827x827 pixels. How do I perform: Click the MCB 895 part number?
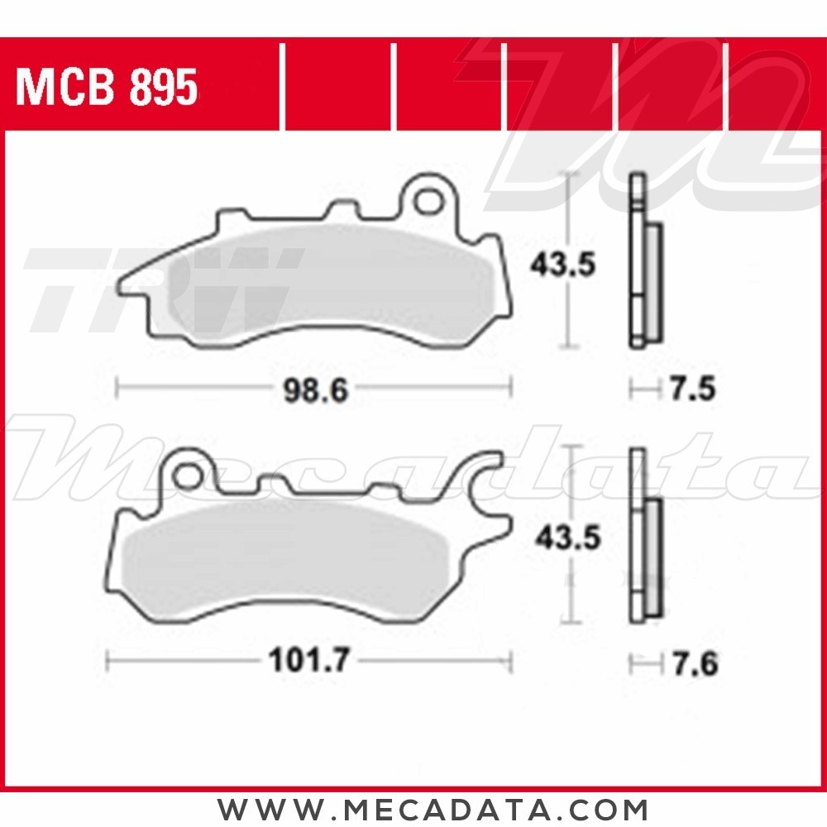coord(108,88)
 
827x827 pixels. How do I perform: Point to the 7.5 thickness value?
coord(692,390)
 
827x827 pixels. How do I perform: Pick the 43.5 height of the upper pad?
coord(562,266)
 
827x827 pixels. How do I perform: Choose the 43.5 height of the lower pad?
coord(566,539)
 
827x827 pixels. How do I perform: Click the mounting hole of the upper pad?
coord(428,201)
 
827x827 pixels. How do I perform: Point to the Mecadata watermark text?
coord(413,463)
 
